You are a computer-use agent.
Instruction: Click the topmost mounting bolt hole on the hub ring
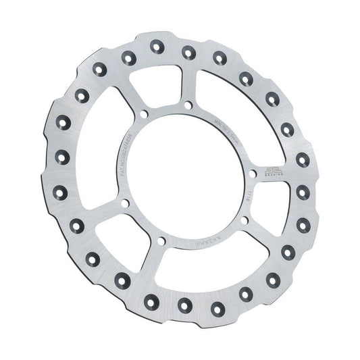(184, 105)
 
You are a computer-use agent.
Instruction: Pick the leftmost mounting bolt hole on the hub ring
(122, 201)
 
